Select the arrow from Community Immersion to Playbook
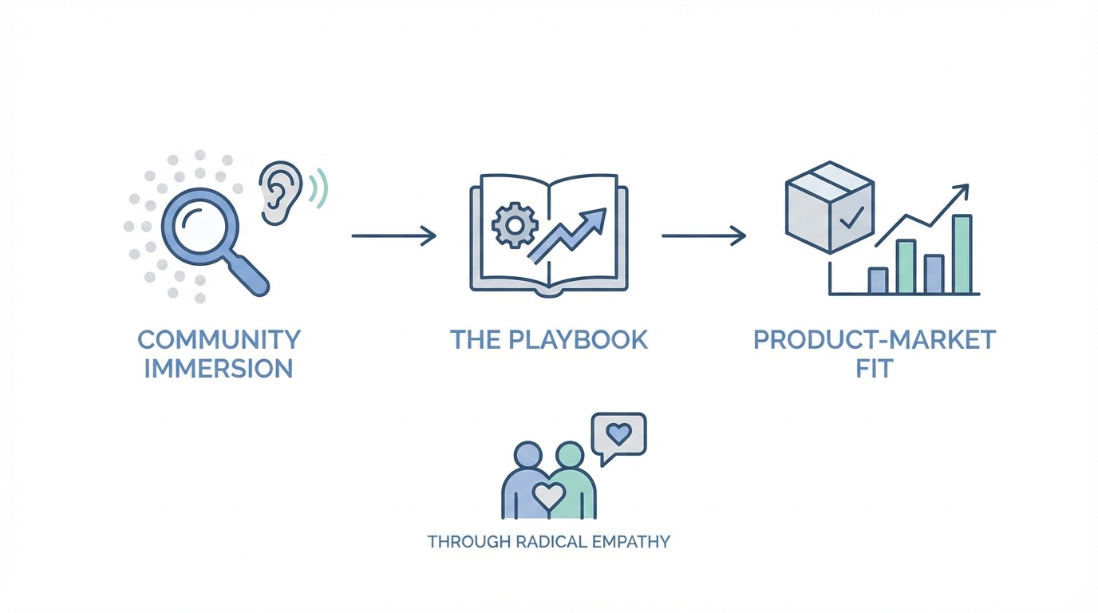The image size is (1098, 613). [394, 235]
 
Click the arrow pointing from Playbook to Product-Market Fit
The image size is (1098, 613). [704, 235]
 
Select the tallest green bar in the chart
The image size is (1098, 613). [962, 254]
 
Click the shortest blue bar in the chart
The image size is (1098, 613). [877, 280]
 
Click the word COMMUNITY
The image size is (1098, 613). [219, 339]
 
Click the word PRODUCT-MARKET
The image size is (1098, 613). [875, 339]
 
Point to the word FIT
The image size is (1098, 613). [875, 368]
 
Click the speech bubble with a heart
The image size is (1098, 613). [618, 436]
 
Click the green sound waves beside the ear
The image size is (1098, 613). [321, 188]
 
